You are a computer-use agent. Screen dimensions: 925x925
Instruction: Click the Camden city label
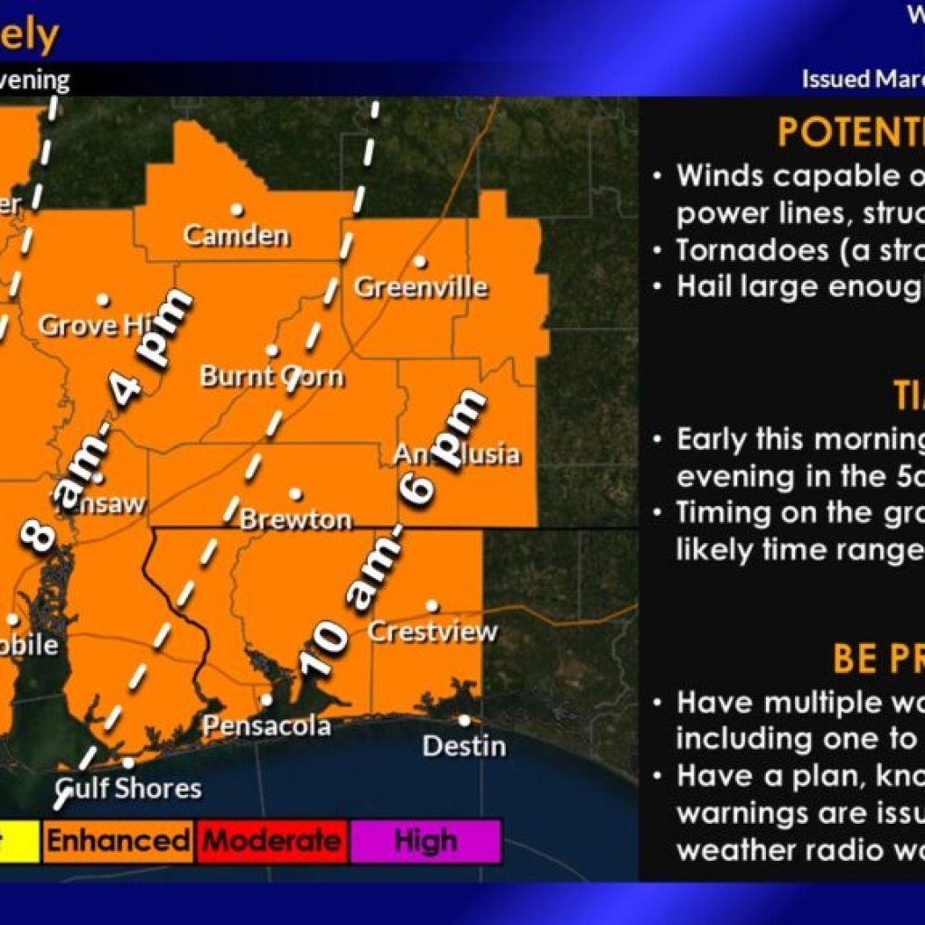pyautogui.click(x=237, y=237)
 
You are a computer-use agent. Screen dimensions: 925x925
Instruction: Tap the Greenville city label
pyautogui.click(x=420, y=288)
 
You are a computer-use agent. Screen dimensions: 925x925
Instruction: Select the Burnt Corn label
pyautogui.click(x=272, y=376)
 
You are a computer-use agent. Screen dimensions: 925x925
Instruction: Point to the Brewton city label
pyautogui.click(x=295, y=520)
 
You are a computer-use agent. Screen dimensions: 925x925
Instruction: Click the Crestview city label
pyautogui.click(x=432, y=631)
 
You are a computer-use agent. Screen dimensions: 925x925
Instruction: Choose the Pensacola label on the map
pyautogui.click(x=266, y=725)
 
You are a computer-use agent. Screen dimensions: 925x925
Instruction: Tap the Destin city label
pyautogui.click(x=463, y=747)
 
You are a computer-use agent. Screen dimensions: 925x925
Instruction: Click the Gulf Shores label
pyautogui.click(x=129, y=788)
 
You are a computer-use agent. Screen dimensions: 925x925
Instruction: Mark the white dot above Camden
pyautogui.click(x=237, y=209)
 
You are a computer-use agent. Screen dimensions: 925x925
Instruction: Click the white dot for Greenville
pyautogui.click(x=420, y=262)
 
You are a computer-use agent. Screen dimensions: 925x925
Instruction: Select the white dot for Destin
pyautogui.click(x=463, y=720)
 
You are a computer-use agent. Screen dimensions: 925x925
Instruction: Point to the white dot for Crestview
pyautogui.click(x=433, y=605)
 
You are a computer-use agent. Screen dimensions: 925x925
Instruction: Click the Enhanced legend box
pyautogui.click(x=117, y=842)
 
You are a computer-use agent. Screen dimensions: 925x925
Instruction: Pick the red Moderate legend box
pyautogui.click(x=272, y=842)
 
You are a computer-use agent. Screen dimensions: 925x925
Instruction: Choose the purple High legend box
pyautogui.click(x=425, y=842)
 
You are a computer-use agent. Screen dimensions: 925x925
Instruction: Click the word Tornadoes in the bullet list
pyautogui.click(x=740, y=250)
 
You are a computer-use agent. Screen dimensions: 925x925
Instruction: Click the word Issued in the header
pyautogui.click(x=835, y=79)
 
